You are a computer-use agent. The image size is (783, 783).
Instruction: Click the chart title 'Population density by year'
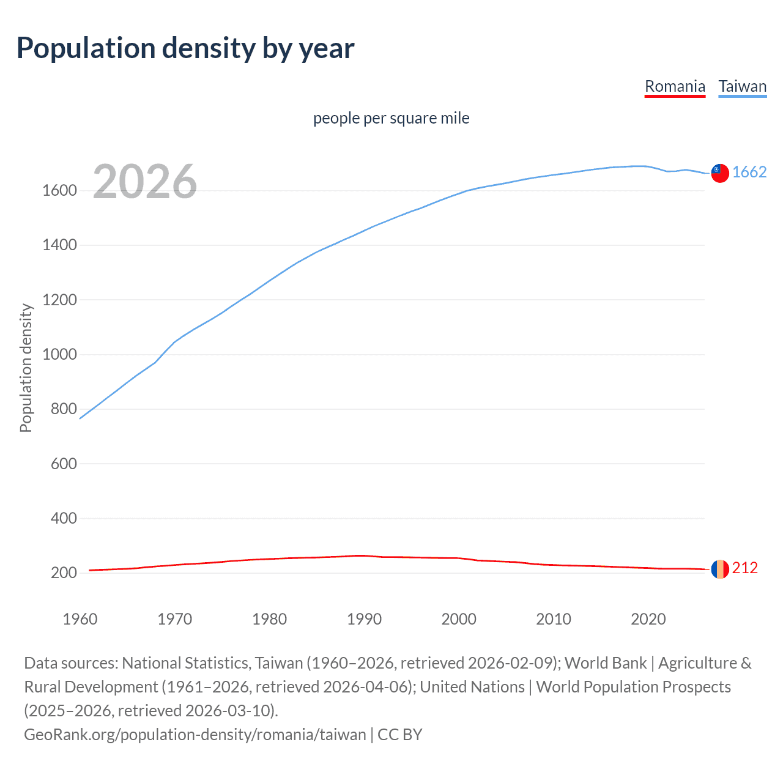click(185, 48)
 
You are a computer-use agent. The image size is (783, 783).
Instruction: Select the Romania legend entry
click(675, 86)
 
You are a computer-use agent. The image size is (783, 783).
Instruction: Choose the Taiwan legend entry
click(742, 86)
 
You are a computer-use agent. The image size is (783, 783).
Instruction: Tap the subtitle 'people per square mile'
click(391, 118)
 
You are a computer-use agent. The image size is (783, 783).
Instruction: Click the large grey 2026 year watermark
click(145, 182)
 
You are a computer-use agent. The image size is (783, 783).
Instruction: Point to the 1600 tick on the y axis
click(59, 191)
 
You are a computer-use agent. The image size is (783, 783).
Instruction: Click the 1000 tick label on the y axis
click(59, 355)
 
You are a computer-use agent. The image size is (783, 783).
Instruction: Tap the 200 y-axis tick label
click(64, 573)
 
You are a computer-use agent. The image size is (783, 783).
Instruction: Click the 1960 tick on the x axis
click(80, 619)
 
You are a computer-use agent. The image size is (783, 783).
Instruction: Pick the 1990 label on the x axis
click(364, 619)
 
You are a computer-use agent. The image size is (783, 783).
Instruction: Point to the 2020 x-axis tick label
click(648, 619)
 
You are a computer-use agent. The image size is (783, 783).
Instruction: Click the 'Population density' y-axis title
click(26, 368)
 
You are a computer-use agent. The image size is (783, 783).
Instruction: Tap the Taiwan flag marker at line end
click(720, 173)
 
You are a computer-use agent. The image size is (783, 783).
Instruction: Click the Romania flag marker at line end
click(720, 569)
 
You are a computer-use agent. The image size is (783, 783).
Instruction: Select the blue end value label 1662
click(749, 173)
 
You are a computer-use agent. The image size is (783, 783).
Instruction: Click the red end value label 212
click(744, 568)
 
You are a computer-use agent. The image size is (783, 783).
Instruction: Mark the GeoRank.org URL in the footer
click(195, 734)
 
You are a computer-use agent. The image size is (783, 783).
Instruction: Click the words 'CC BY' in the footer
click(400, 734)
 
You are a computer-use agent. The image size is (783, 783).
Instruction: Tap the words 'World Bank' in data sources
click(605, 663)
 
